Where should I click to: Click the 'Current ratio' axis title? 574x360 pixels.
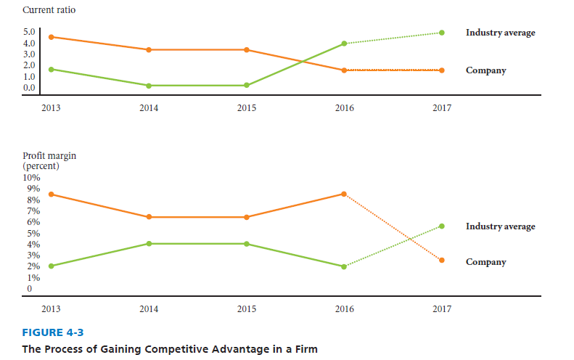[x=49, y=10]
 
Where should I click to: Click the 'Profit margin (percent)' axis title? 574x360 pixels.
[x=49, y=160]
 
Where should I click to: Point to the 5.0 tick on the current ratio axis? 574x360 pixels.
[x=29, y=33]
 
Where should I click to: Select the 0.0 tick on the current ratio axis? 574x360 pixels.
[x=29, y=88]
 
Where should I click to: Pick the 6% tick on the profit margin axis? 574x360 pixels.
[x=32, y=222]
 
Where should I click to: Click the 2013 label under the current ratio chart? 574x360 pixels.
[x=51, y=107]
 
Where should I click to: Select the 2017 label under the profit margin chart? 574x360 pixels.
[x=442, y=308]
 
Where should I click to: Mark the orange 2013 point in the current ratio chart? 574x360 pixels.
[x=51, y=37]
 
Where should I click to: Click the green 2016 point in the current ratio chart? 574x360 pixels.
[x=344, y=44]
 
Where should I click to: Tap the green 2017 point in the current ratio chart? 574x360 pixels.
[x=442, y=33]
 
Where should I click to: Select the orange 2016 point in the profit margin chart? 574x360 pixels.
[x=344, y=194]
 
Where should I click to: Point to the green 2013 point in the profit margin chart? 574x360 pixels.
[x=51, y=266]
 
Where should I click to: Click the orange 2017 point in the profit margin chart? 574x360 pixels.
[x=442, y=260]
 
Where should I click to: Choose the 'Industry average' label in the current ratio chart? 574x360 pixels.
[x=500, y=33]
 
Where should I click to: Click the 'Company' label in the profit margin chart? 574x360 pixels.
[x=485, y=262]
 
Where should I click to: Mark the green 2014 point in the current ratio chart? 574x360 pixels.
[x=149, y=85]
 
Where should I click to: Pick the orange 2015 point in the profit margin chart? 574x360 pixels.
[x=247, y=217]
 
